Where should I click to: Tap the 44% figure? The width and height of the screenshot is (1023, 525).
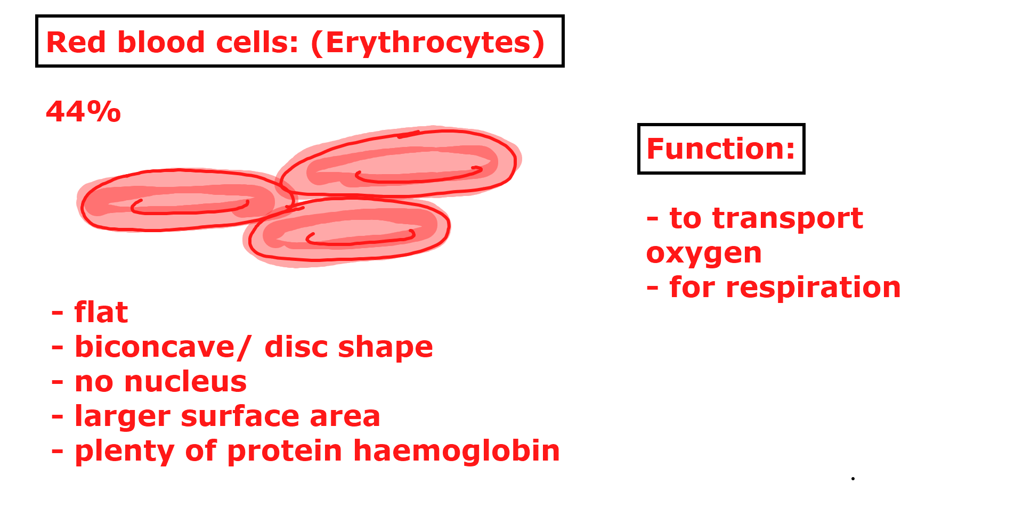[84, 112]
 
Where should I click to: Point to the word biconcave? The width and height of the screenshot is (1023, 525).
[155, 347]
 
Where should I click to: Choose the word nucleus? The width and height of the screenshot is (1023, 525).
[185, 381]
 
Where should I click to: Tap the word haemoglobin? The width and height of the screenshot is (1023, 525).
[457, 450]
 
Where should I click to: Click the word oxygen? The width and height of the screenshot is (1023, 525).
[704, 253]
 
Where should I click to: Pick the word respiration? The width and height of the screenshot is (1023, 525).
[813, 288]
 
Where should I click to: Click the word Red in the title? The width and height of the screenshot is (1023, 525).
[76, 42]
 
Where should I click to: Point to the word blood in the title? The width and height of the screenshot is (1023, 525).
[161, 42]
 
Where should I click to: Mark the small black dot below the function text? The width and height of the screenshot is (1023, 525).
[853, 479]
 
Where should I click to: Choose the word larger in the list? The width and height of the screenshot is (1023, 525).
[122, 417]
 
